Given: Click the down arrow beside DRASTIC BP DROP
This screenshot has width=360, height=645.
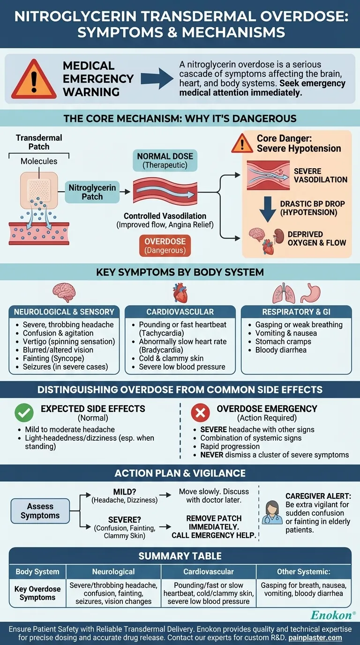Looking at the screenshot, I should point(268,209).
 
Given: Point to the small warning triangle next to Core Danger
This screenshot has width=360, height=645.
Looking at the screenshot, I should point(242,143).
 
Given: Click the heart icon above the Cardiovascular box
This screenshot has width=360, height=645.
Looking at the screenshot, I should point(180,293).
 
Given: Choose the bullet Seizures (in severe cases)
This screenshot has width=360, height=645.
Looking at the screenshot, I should point(65,367).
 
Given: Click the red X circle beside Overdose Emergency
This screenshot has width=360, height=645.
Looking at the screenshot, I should point(200,413).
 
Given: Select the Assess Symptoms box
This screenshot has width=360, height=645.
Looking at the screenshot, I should point(40,511).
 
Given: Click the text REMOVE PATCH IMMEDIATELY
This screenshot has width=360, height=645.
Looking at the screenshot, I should point(214,523).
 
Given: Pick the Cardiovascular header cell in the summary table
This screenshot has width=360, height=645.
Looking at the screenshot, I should point(209,571).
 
